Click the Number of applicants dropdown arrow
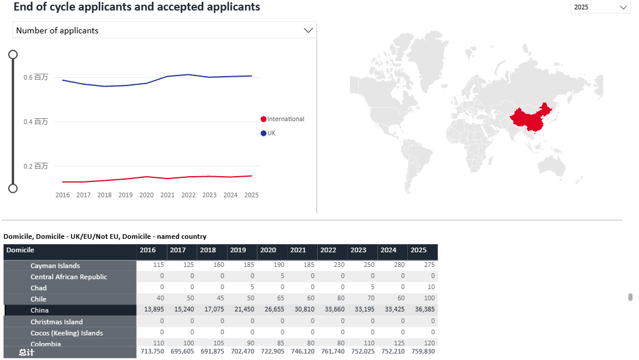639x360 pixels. [308, 30]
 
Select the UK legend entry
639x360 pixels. [271, 133]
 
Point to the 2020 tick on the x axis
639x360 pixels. [146, 195]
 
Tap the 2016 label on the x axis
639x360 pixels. [63, 195]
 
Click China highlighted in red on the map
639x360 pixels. [530, 121]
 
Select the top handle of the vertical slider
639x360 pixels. [13, 54]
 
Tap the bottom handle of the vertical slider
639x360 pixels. [13, 188]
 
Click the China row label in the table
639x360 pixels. [40, 310]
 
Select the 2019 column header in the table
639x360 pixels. [238, 250]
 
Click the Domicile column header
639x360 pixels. [20, 250]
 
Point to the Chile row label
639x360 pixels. [39, 299]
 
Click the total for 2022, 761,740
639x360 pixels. [332, 351]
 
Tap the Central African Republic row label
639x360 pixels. [69, 277]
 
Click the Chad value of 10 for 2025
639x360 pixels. [431, 288]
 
